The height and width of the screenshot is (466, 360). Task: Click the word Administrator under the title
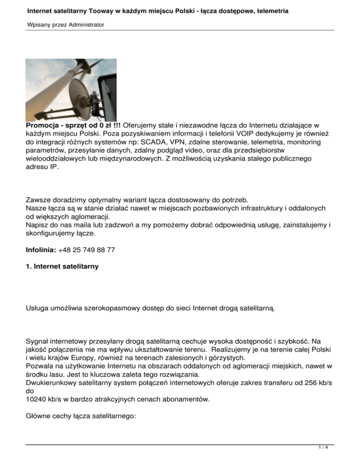point(84,24)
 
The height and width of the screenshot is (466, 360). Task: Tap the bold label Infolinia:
point(41,250)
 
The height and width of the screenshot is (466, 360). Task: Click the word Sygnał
point(39,331)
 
